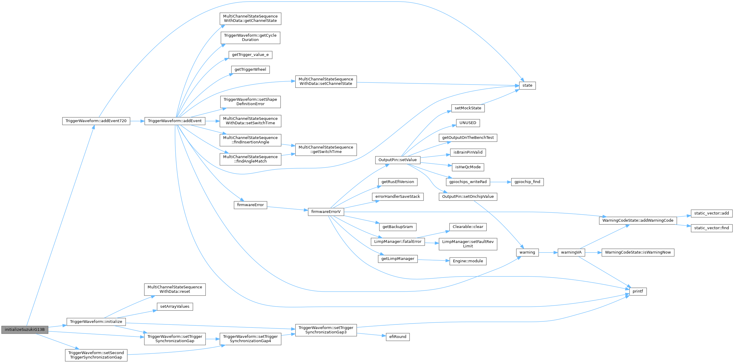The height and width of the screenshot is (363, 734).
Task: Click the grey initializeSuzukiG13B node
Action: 24,330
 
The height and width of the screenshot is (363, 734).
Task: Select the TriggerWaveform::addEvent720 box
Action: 96,121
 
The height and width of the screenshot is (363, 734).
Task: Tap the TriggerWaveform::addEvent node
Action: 175,121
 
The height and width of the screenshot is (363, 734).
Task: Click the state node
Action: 527,85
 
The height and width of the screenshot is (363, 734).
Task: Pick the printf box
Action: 638,291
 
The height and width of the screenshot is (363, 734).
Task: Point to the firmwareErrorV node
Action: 326,212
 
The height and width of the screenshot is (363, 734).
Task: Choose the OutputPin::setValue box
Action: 397,160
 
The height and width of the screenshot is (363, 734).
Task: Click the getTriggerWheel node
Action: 250,70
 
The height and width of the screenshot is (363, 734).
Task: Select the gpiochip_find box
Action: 527,182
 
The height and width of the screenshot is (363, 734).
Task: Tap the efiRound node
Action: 398,337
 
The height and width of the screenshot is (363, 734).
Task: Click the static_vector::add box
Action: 711,213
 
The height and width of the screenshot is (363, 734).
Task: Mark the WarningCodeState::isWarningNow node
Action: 638,252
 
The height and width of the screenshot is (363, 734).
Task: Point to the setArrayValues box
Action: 175,307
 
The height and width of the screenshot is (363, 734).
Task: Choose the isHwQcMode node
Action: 468,167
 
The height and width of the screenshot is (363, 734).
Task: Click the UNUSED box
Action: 468,123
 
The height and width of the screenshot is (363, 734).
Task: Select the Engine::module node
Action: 468,261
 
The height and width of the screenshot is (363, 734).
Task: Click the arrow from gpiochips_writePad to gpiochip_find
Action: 500,182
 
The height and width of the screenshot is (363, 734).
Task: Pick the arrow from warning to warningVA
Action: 548,252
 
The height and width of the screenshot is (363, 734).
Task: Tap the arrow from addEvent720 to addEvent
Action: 137,121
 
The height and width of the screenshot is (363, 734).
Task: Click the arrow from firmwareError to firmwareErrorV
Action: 287,208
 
